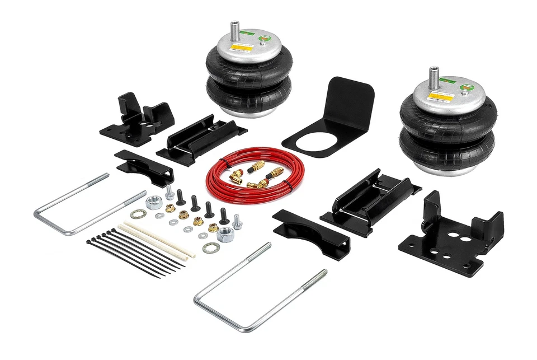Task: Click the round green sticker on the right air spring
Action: (x=464, y=89)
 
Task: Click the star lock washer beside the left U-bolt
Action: (x=137, y=214)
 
